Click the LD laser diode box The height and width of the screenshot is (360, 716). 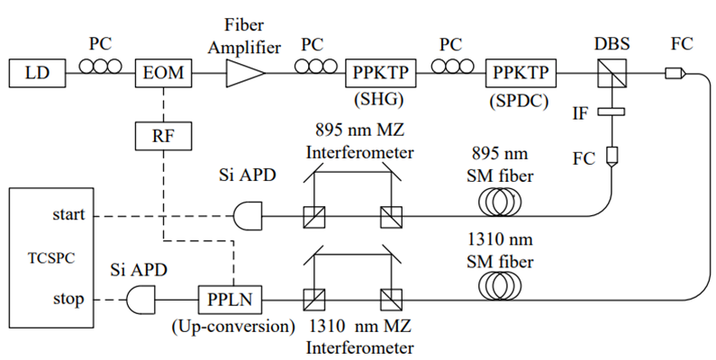click(x=37, y=72)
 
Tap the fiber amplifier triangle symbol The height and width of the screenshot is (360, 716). click(x=241, y=72)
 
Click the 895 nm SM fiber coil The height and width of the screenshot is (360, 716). click(x=502, y=203)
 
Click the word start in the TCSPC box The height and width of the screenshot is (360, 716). click(x=70, y=215)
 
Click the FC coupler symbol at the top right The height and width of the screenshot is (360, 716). click(x=674, y=73)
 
